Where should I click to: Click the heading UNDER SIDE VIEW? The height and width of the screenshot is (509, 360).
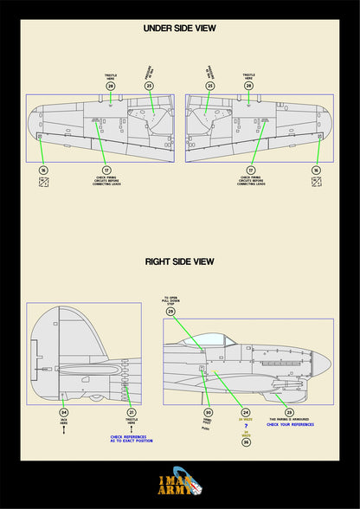(179, 29)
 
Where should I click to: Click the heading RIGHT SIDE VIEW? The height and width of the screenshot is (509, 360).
(179, 261)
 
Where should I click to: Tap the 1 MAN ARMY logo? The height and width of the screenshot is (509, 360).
(180, 481)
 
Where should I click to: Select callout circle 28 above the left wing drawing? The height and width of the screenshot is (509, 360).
(111, 86)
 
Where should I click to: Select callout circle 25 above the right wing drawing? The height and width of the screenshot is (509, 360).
(209, 86)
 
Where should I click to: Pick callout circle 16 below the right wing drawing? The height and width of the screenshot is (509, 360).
(317, 171)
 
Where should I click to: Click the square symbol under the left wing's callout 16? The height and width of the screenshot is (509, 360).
(43, 183)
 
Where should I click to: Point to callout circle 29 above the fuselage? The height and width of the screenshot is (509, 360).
(170, 311)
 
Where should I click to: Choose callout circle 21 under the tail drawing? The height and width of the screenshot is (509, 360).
(132, 412)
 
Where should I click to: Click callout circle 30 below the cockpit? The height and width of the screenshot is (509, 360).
(208, 412)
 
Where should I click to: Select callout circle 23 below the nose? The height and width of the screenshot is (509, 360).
(289, 412)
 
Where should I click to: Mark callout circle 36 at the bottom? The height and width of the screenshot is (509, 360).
(246, 441)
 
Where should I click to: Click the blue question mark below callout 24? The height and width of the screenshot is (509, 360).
(246, 427)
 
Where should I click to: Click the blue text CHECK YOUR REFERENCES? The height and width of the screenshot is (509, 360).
(289, 424)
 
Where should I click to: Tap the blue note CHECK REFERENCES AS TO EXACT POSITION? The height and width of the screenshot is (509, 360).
(132, 439)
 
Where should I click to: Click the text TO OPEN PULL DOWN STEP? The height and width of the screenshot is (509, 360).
(170, 300)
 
